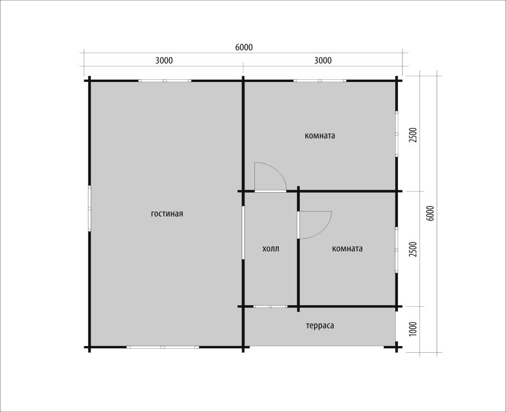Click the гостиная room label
tap(167, 214)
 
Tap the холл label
tap(271, 249)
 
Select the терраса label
tap(320, 326)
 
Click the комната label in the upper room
tap(320, 136)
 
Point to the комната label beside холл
tap(347, 249)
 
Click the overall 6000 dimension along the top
tap(244, 47)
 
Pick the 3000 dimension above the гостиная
tap(164, 60)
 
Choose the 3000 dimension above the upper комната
tap(323, 60)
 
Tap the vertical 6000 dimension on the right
tap(430, 213)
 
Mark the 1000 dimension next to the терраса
tap(413, 328)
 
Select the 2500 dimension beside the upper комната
tap(413, 136)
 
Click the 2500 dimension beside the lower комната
tap(413, 249)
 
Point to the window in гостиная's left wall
tap(90, 208)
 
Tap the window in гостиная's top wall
tap(165, 81)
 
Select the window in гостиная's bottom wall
tap(162, 347)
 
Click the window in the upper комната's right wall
tap(397, 134)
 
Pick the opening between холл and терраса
tap(270, 307)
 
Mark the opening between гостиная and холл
tap(243, 233)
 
